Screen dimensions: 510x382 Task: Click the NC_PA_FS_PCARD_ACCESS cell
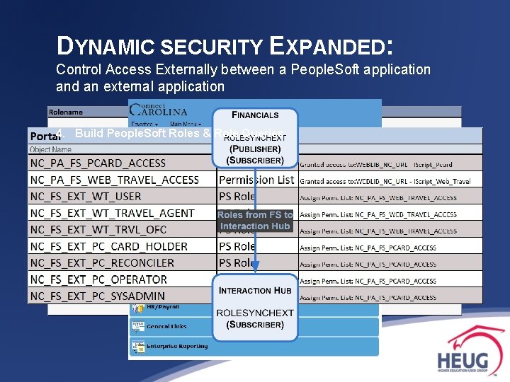coord(98,163)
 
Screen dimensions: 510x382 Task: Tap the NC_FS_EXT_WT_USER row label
coord(86,197)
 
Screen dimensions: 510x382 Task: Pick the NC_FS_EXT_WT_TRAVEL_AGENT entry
coord(112,213)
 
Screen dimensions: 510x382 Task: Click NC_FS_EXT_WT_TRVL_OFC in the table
coord(98,230)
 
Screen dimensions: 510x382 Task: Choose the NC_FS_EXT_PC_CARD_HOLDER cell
coord(108,246)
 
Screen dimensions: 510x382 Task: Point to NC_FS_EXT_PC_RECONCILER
coord(104,263)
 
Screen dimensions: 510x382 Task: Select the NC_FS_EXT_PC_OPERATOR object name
coord(98,279)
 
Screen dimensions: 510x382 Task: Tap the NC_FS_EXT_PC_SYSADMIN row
coord(98,296)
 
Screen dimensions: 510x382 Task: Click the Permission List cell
coord(256,180)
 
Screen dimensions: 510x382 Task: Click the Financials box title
coord(256,115)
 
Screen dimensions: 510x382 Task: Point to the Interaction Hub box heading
coord(255,290)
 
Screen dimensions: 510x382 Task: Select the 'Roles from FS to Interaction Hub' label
coord(255,220)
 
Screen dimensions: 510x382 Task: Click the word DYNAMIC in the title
coord(106,47)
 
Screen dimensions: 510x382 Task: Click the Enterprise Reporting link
coord(178,346)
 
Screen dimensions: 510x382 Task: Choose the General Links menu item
coord(167,326)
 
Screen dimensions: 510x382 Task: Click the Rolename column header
coord(66,112)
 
